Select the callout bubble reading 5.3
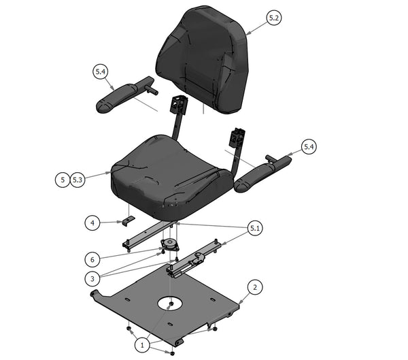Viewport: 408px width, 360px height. [x=78, y=180]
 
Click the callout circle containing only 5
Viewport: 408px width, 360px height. [x=62, y=180]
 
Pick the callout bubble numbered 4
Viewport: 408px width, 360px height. [x=92, y=222]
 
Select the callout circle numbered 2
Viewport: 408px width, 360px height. [x=254, y=287]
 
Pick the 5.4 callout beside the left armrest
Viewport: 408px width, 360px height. [x=101, y=70]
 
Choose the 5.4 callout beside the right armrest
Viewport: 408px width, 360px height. [x=309, y=146]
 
